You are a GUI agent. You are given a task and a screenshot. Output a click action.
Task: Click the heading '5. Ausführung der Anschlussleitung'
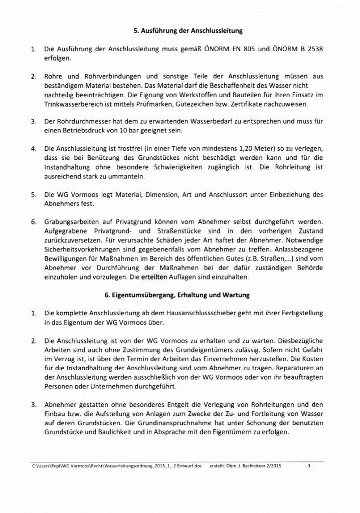pos(188,31)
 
